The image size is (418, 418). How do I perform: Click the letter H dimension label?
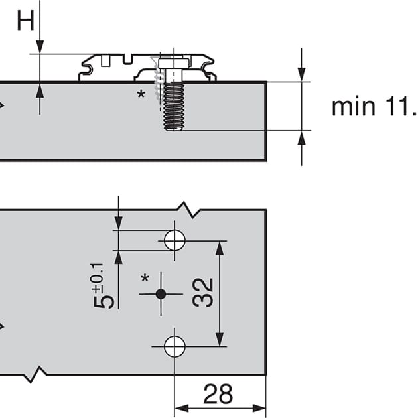[26, 21]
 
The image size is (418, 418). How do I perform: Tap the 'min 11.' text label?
[375, 107]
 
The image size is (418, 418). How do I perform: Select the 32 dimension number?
[203, 293]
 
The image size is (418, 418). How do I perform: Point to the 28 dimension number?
[218, 394]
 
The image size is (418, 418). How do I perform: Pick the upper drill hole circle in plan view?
[174, 240]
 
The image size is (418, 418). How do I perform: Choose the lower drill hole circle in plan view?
[174, 346]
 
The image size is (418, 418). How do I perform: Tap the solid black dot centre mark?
[161, 294]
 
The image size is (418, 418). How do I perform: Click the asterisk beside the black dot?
[145, 278]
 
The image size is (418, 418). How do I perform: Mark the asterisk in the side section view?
[141, 94]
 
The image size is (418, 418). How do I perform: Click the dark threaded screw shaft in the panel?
[174, 106]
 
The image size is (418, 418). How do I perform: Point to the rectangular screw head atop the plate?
[174, 63]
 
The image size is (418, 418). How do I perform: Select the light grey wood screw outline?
[157, 80]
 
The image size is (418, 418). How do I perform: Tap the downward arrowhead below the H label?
[40, 46]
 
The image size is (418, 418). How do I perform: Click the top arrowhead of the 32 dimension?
[220, 247]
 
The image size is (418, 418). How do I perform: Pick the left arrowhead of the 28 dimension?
[181, 408]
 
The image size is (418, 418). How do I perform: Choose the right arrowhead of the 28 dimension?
[259, 408]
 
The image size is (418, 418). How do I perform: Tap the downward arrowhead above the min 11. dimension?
[301, 74]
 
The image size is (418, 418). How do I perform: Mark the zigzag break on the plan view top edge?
[188, 210]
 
